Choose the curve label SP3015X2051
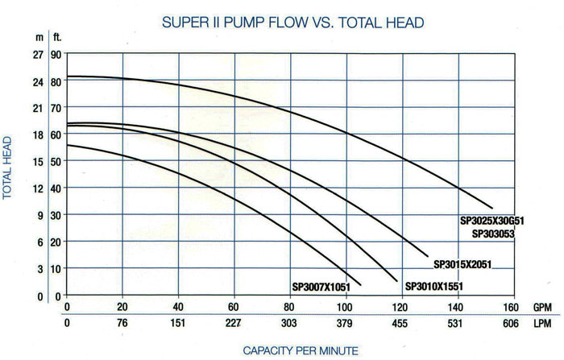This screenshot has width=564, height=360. [x=462, y=264]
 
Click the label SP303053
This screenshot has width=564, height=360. [x=493, y=234]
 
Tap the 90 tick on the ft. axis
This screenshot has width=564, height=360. [x=56, y=54]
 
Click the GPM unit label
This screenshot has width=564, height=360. [x=543, y=308]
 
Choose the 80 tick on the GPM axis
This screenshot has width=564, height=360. [x=290, y=308]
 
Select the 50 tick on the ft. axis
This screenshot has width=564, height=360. [x=56, y=161]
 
